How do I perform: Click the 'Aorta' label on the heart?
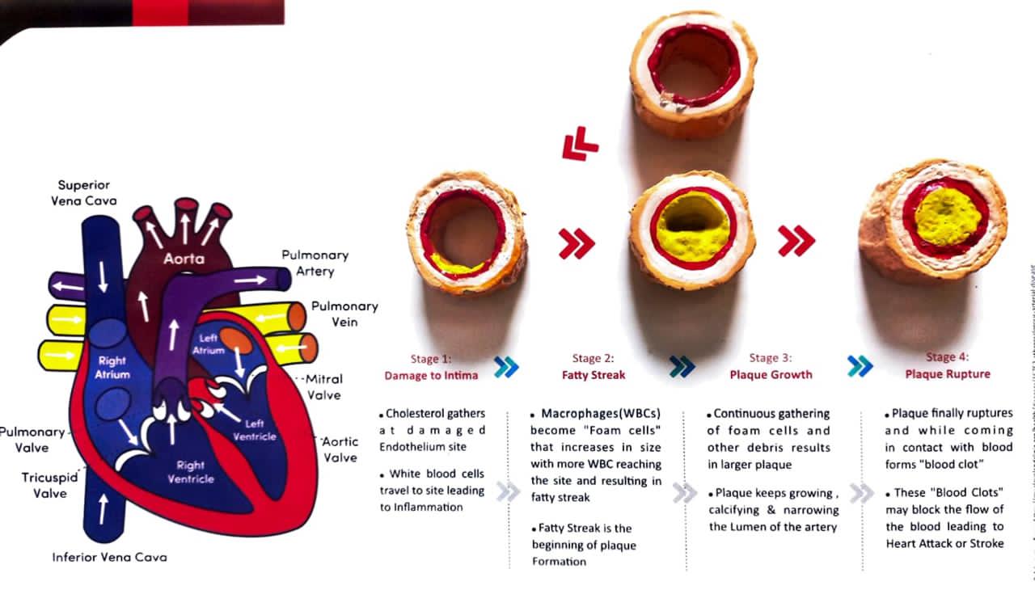pos(184,259)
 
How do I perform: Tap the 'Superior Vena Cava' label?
pos(83,192)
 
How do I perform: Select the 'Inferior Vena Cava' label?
pos(109,557)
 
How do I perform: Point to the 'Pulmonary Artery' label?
pos(315,262)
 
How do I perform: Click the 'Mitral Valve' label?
pos(323,386)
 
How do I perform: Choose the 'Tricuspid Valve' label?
pos(49,485)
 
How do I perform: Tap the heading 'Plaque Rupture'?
pos(958,374)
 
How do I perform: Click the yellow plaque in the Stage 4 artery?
pos(947,217)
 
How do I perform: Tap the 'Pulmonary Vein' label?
pos(344,314)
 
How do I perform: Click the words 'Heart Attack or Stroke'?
pos(944,544)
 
